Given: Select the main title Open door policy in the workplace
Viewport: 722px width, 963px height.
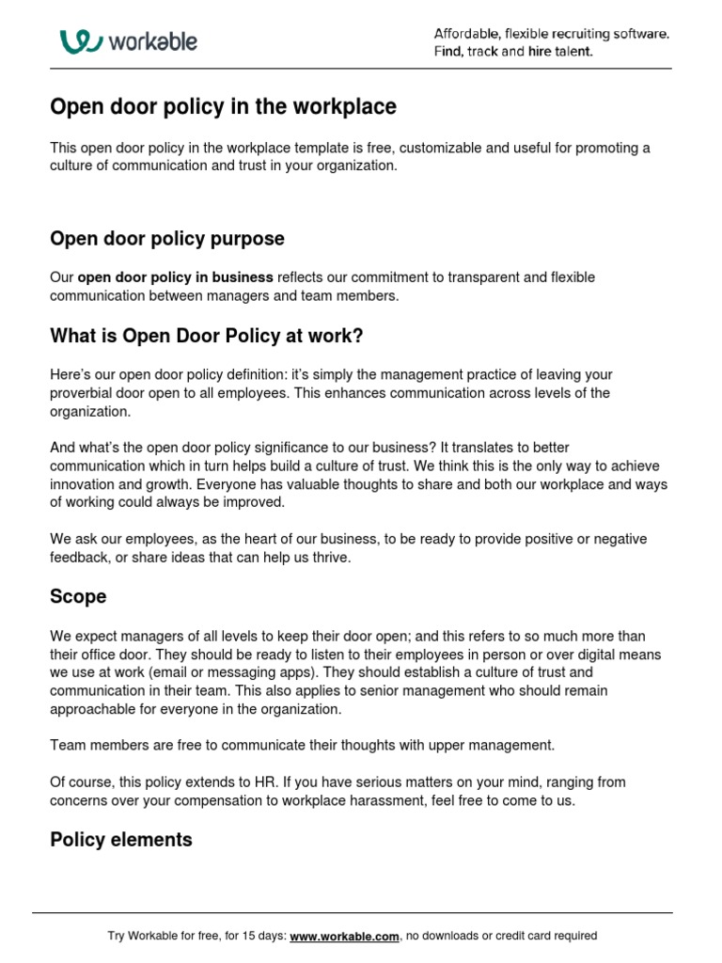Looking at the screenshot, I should pos(223,107).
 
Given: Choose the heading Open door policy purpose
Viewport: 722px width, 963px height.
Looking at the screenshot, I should pos(166,239).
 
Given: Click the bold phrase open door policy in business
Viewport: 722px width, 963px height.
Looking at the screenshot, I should pos(175,277).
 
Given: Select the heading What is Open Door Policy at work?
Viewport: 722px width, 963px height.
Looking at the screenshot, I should pos(206,336).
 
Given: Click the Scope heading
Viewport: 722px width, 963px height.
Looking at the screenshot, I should pos(78,596).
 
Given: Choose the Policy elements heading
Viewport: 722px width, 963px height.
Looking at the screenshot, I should pos(120,840).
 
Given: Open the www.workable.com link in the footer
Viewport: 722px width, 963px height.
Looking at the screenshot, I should pos(345,936).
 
